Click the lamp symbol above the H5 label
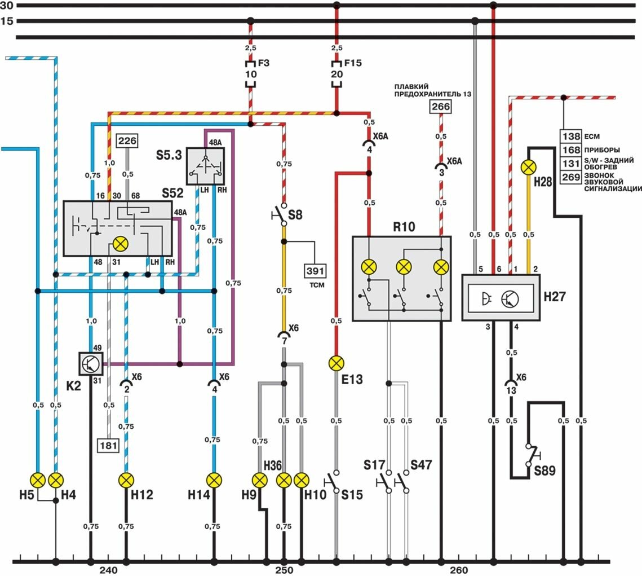click(38, 480)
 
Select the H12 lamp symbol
click(126, 480)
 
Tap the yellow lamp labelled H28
click(529, 166)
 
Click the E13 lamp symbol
click(337, 363)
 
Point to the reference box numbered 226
click(127, 142)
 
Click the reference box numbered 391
click(314, 270)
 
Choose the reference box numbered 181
click(109, 445)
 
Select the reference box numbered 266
click(441, 106)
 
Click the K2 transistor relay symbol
click(90, 363)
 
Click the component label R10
click(404, 227)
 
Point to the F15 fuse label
click(353, 63)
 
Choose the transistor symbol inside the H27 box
click(509, 297)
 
